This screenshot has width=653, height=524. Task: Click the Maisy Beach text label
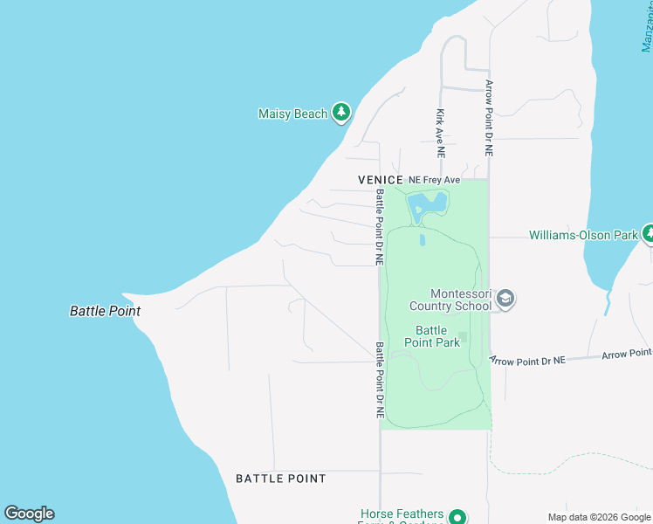pyautogui.click(x=292, y=114)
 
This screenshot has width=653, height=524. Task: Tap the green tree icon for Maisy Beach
pyautogui.click(x=341, y=113)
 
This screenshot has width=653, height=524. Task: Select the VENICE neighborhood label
pyautogui.click(x=381, y=179)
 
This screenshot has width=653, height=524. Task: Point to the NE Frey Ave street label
pyautogui.click(x=435, y=179)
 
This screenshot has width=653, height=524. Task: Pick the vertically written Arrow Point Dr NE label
pyautogui.click(x=490, y=118)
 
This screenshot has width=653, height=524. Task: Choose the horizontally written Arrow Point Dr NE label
pyautogui.click(x=528, y=360)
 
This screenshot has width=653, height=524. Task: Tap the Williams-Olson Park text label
pyautogui.click(x=583, y=235)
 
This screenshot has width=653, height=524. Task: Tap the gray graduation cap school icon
pyautogui.click(x=505, y=300)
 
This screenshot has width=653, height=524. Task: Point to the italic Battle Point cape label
pyautogui.click(x=105, y=311)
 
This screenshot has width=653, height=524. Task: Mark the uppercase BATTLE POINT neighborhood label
pyautogui.click(x=281, y=479)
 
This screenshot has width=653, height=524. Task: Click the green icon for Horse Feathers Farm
pyautogui.click(x=457, y=517)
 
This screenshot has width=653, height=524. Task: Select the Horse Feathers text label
pyautogui.click(x=402, y=514)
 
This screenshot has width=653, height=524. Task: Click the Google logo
pyautogui.click(x=29, y=514)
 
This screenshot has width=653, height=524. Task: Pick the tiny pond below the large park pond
pyautogui.click(x=423, y=239)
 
